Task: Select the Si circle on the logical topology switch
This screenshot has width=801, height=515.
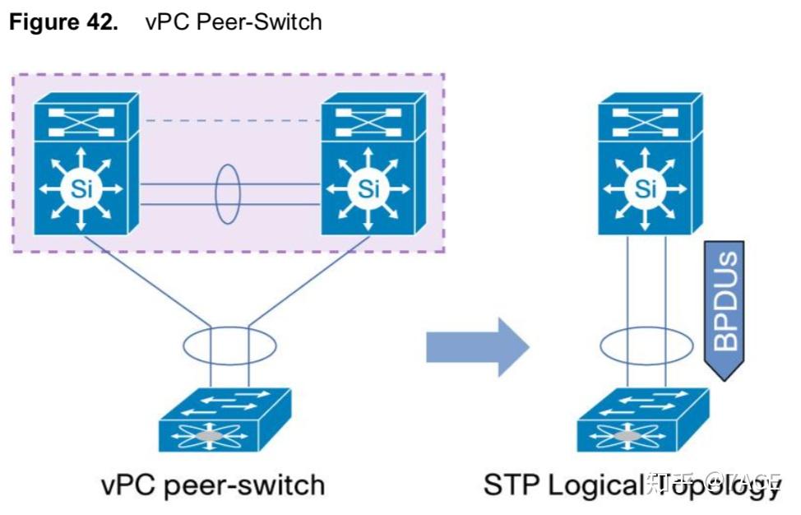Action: [x=646, y=189]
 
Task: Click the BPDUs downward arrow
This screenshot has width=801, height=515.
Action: [x=725, y=309]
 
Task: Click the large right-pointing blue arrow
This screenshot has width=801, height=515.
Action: [x=476, y=345]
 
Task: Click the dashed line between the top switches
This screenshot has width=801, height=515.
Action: [x=230, y=121]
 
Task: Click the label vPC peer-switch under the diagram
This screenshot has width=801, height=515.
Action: [x=212, y=485]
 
